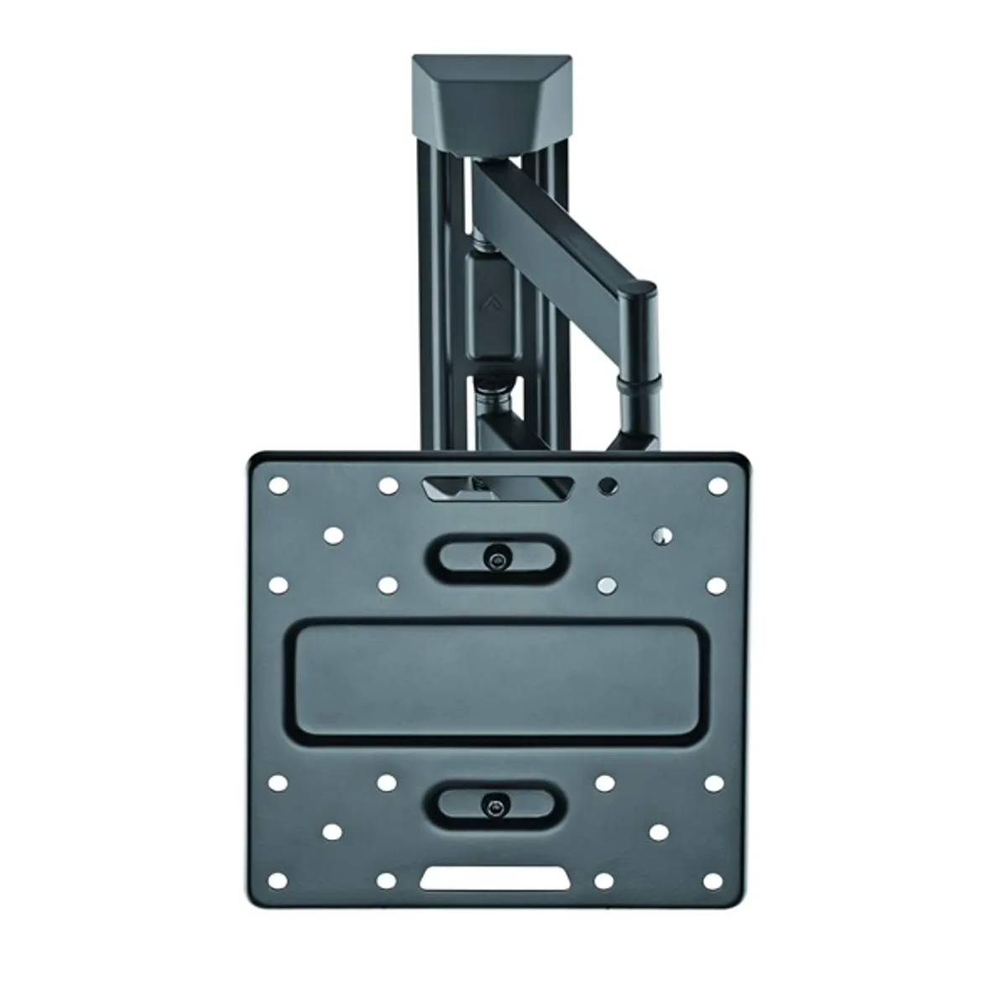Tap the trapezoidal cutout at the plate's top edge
(x=498, y=488)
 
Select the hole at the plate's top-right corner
(x=717, y=486)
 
